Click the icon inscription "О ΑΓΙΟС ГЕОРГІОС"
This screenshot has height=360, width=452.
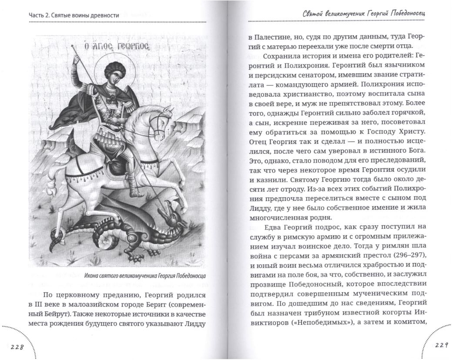tap(117, 47)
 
